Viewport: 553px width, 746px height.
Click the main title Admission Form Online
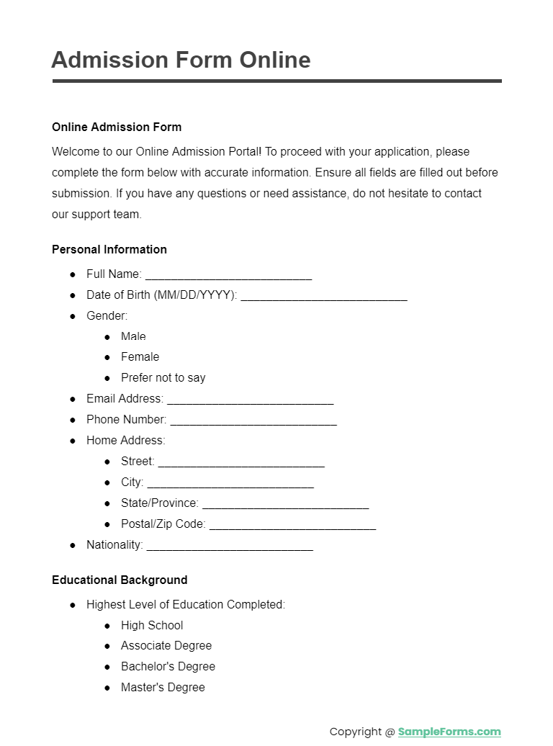(181, 60)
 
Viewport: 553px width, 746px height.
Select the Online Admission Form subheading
(117, 127)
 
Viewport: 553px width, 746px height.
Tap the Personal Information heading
(109, 250)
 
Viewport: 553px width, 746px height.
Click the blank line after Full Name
(228, 275)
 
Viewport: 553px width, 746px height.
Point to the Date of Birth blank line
(324, 296)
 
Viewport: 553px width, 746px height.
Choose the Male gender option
(133, 336)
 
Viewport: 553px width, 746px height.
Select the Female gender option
(140, 357)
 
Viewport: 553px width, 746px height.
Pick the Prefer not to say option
(163, 378)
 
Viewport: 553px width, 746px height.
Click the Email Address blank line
(250, 400)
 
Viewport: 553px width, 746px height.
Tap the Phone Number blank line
(253, 421)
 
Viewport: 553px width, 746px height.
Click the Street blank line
(241, 462)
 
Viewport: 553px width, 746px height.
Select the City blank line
(230, 483)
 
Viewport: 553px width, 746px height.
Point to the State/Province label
(159, 503)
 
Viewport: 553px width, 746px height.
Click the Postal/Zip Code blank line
(292, 525)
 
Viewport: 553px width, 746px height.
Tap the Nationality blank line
(230, 546)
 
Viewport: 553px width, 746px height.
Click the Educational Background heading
(120, 580)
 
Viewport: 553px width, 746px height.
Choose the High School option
(152, 626)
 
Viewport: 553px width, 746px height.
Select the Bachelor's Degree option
(168, 667)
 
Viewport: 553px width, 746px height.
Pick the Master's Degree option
(163, 688)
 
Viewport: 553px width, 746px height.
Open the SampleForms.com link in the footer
(449, 732)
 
